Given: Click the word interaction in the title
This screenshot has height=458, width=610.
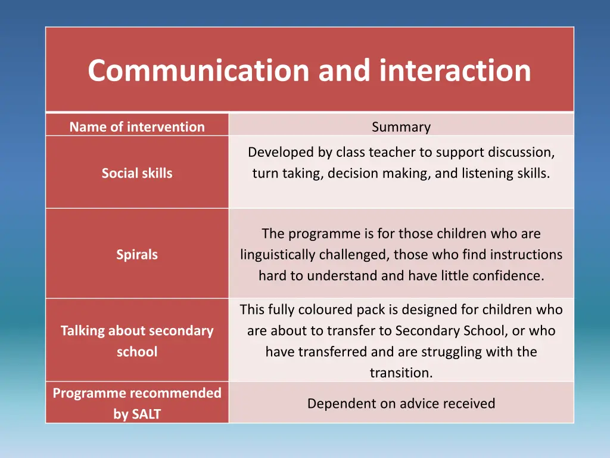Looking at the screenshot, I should [455, 70].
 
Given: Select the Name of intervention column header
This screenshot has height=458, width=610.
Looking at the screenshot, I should [137, 126].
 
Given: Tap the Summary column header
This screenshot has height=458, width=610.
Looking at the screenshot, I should [401, 126].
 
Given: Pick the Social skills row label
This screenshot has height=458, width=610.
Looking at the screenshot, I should [137, 173].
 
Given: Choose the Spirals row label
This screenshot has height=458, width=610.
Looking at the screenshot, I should [137, 254].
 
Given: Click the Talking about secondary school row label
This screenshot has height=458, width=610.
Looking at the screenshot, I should [137, 341].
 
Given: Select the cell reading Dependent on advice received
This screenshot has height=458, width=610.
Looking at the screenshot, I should [401, 403].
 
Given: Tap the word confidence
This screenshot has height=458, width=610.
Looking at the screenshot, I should [512, 276].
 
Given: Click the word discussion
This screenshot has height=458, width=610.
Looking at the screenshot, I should [521, 152].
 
